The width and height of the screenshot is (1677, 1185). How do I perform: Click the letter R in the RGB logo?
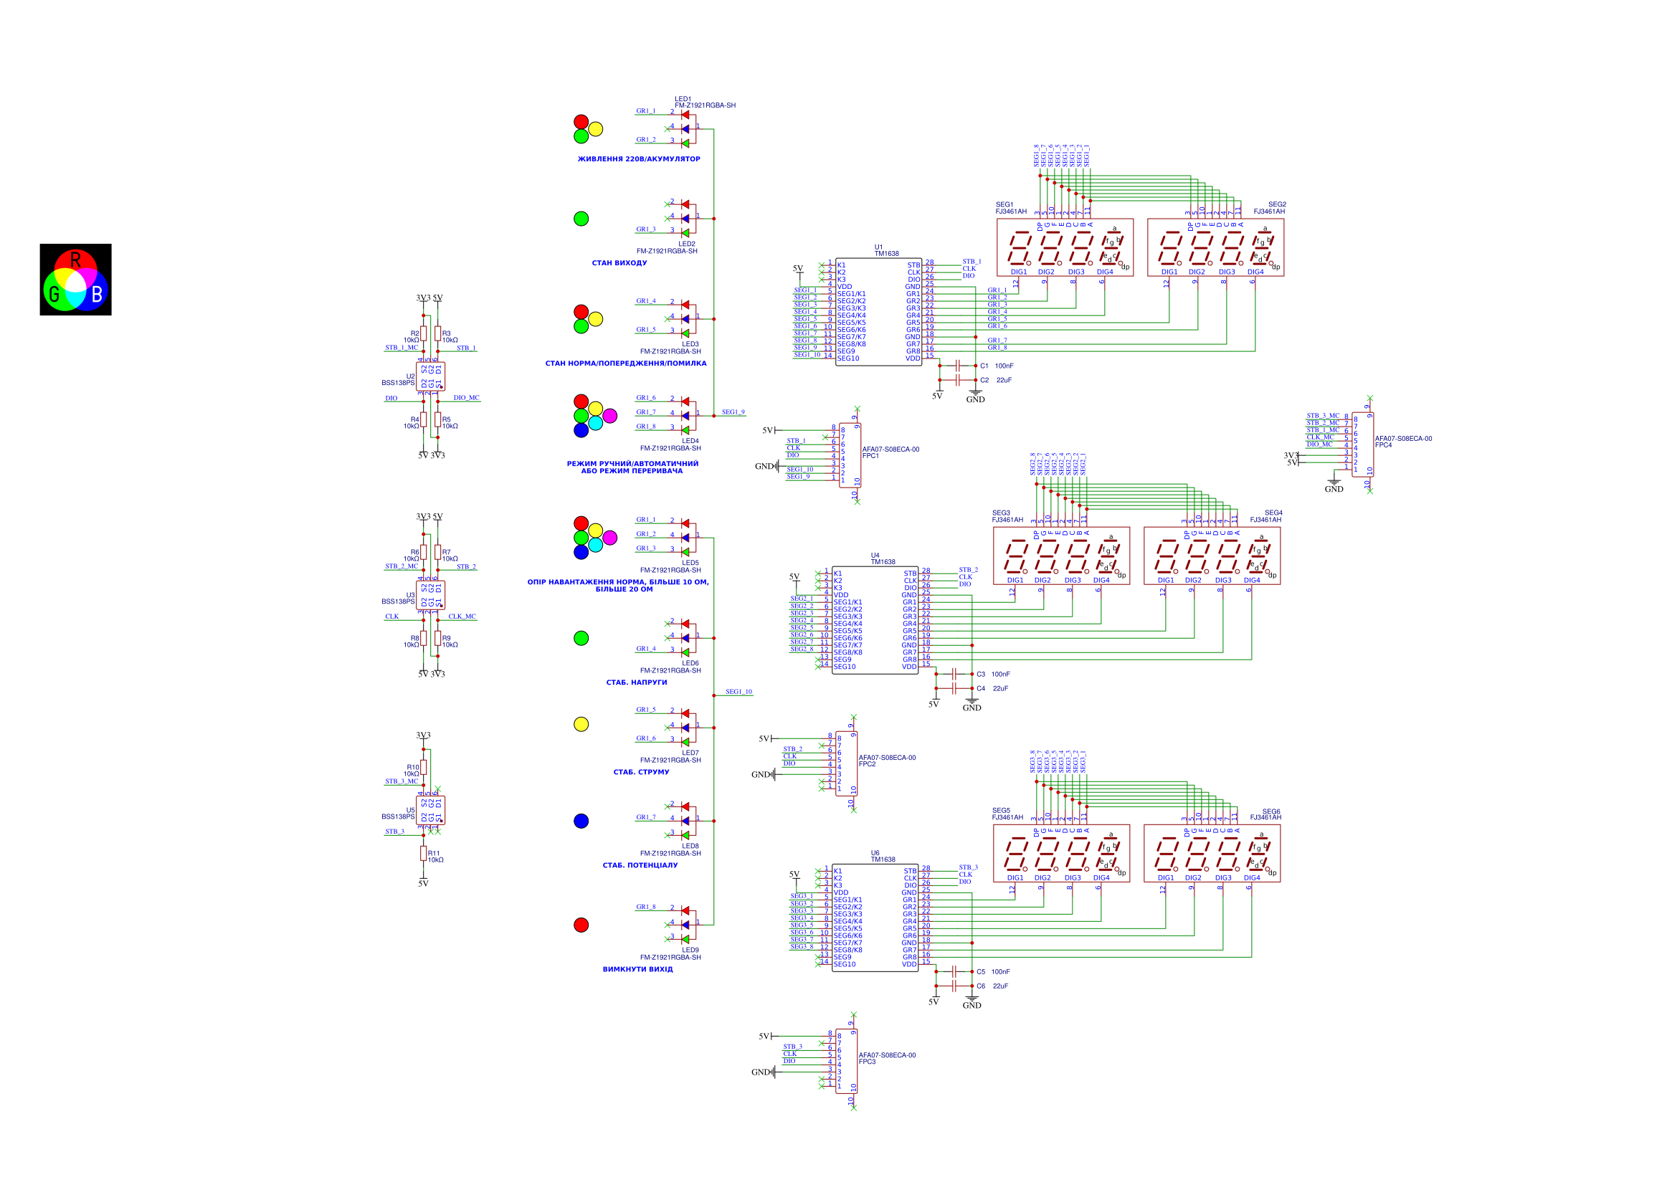pyautogui.click(x=75, y=260)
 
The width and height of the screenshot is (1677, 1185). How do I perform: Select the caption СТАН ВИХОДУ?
pyautogui.click(x=619, y=263)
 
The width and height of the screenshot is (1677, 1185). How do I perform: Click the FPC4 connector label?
pyautogui.click(x=1383, y=444)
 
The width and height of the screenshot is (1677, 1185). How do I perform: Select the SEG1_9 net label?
pyautogui.click(x=733, y=412)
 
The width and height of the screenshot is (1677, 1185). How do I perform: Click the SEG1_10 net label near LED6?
pyautogui.click(x=738, y=692)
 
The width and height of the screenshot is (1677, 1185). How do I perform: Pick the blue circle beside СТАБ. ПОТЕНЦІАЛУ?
pyautogui.click(x=581, y=822)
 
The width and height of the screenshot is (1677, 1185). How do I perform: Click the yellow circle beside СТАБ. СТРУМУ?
pyautogui.click(x=581, y=724)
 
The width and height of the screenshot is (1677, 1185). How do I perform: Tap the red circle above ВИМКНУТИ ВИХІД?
pyautogui.click(x=581, y=925)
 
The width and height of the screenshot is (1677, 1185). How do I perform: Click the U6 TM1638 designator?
pyautogui.click(x=883, y=856)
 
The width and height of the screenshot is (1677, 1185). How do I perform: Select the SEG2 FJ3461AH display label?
pyautogui.click(x=1270, y=208)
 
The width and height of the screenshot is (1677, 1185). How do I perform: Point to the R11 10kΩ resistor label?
pyautogui.click(x=435, y=857)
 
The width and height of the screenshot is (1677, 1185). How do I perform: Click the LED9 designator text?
pyautogui.click(x=690, y=950)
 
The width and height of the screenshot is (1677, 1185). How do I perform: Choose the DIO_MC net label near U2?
pyautogui.click(x=466, y=398)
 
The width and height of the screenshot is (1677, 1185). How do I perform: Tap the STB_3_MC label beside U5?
pyautogui.click(x=402, y=781)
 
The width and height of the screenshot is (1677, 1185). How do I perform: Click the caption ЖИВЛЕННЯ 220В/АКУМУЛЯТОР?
pyautogui.click(x=638, y=159)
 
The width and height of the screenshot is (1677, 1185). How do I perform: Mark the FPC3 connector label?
pyautogui.click(x=867, y=1062)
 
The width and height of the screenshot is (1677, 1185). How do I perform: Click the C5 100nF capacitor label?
pyautogui.click(x=992, y=972)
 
